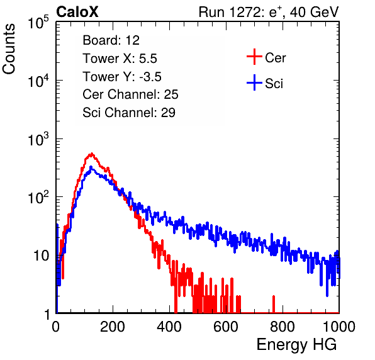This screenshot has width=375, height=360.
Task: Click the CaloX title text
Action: point(77,12)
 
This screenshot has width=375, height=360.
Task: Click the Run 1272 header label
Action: point(269,12)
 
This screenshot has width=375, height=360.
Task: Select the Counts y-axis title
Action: point(9,49)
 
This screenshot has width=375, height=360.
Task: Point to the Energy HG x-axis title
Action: point(296,344)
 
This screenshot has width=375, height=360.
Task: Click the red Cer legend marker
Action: point(254,57)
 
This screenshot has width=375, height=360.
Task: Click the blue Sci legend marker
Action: point(254,82)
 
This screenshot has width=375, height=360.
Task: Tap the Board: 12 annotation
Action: point(111,40)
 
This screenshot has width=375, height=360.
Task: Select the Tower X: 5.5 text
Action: point(120,59)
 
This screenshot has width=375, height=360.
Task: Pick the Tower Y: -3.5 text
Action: point(122,77)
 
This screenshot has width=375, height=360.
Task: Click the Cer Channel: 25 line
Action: point(130,94)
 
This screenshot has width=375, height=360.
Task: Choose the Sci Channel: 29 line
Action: point(129,113)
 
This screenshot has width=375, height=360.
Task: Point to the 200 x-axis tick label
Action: point(113,327)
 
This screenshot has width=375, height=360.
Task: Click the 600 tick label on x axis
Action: point(226,327)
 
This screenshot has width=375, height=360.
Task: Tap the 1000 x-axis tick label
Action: point(339,327)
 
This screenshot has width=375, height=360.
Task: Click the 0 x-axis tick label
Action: point(56,327)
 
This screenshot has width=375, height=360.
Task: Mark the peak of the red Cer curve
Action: point(92,154)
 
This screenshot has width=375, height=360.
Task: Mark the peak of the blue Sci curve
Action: point(91,167)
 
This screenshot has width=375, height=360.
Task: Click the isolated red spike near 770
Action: point(274,304)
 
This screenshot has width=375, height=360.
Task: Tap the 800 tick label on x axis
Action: point(283,327)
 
